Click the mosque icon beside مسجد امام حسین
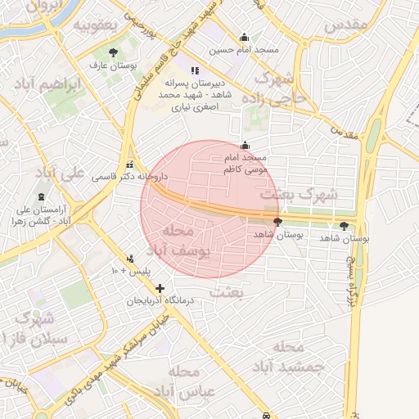coord(244,37)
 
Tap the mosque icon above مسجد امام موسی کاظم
coord(245,145)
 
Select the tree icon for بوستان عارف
coord(124,52)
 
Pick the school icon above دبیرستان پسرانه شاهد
coord(194,70)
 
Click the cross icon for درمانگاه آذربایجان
coord(160,289)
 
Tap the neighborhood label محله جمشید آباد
coord(291,357)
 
